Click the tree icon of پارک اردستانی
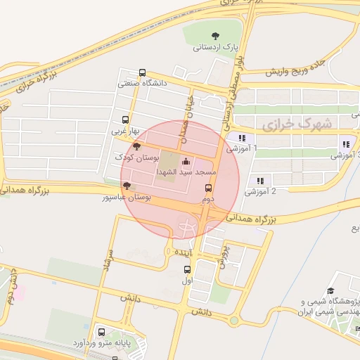pos(215,36)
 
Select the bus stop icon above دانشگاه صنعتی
pos(143,72)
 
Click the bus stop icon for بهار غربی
pos(125,120)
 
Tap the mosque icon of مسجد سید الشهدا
pos(186,162)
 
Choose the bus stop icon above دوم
pos(208,188)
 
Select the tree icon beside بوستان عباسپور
pos(127,186)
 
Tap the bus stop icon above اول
pos(186,269)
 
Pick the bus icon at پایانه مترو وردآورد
pos(102,331)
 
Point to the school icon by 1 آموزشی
pos(242,139)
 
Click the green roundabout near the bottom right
pos(233,321)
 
